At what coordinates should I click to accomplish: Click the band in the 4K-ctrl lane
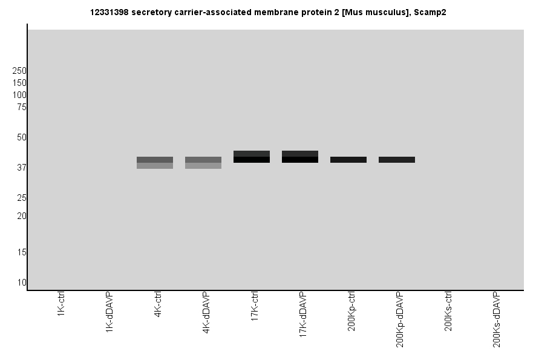(x=155, y=162)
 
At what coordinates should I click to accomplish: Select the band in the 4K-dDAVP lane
(x=203, y=162)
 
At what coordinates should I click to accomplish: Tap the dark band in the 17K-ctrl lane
(x=252, y=157)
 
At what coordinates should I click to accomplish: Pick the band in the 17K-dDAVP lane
(x=300, y=157)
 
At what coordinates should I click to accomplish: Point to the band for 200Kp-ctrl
(x=348, y=160)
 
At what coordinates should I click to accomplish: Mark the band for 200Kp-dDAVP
(x=397, y=160)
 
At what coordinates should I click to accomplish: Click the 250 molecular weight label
(x=19, y=71)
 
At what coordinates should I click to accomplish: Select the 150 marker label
(x=19, y=83)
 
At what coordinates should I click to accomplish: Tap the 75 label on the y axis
(x=21, y=107)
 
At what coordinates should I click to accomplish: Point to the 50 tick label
(x=21, y=137)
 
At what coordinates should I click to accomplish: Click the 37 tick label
(x=21, y=168)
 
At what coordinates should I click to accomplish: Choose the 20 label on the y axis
(x=21, y=216)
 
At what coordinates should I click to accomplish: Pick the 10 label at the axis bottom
(x=21, y=283)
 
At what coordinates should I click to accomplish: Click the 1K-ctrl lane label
(x=61, y=306)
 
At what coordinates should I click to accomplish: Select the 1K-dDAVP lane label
(x=109, y=311)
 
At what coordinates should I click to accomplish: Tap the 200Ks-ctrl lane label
(x=448, y=311)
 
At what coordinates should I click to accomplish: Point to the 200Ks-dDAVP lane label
(x=497, y=319)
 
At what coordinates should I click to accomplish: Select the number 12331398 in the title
(x=110, y=12)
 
